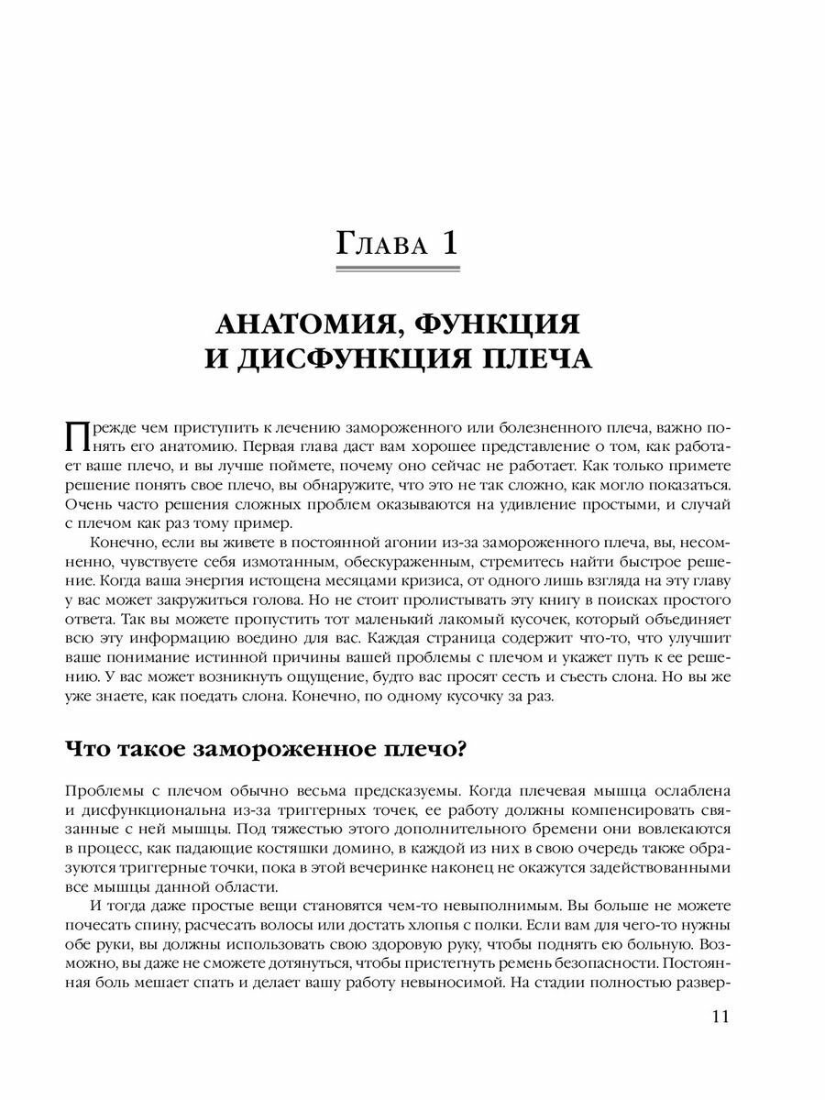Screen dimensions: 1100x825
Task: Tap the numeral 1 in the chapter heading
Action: click(448, 243)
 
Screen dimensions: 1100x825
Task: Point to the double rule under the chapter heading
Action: click(399, 269)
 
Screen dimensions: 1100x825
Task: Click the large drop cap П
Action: click(79, 435)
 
